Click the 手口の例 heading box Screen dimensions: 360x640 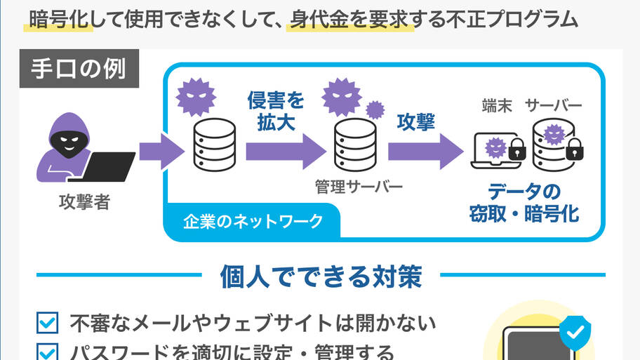click(x=79, y=69)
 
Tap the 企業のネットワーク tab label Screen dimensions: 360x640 click(x=253, y=222)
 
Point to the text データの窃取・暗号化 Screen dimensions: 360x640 click(x=524, y=202)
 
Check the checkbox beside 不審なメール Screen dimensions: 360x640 click(x=47, y=323)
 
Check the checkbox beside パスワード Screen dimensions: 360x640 click(x=47, y=352)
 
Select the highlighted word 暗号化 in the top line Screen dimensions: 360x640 click(x=59, y=19)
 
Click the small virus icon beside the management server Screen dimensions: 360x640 click(x=375, y=109)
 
